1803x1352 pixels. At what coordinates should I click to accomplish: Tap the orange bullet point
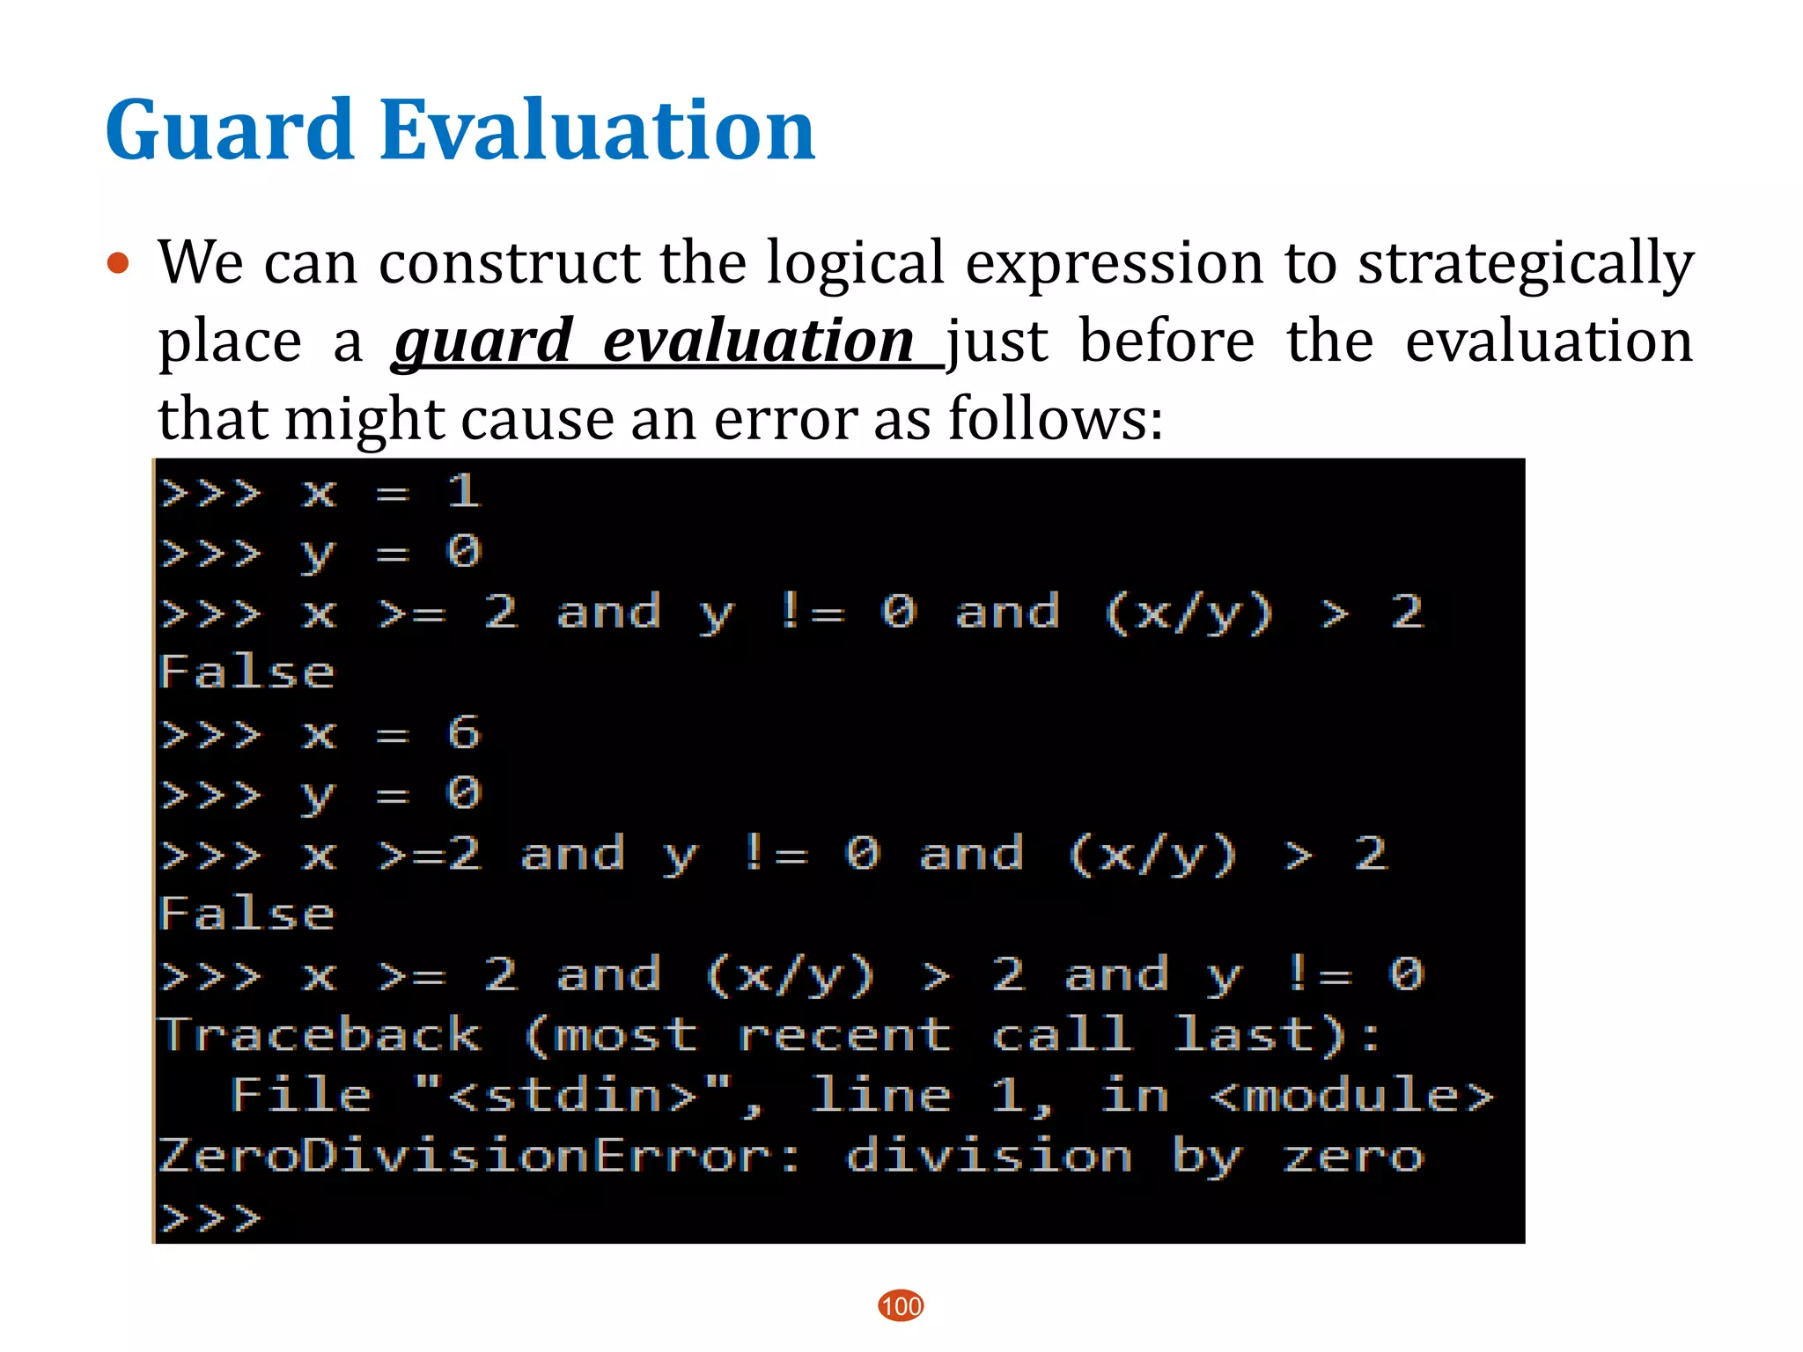[118, 263]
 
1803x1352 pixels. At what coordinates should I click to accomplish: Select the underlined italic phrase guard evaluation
[656, 342]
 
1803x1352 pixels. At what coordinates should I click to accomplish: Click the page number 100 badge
[901, 1305]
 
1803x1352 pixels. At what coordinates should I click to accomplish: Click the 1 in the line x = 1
[463, 491]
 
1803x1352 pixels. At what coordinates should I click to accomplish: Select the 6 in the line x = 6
[463, 733]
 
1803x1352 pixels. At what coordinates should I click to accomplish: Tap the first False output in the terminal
[247, 673]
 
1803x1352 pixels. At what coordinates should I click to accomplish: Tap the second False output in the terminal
[247, 915]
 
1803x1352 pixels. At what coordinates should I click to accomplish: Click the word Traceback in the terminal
[320, 1035]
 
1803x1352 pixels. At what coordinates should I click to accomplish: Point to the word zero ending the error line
[1352, 1156]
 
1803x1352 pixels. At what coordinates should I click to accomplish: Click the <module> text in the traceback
[1351, 1096]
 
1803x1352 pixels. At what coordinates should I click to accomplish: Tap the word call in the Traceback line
[1061, 1035]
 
